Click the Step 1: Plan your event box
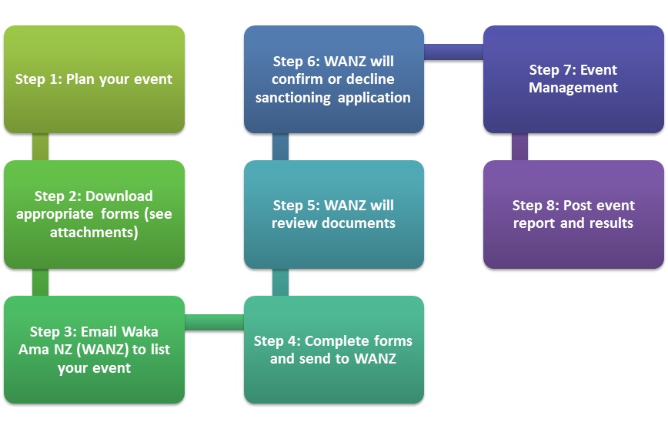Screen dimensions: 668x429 pyautogui.click(x=94, y=79)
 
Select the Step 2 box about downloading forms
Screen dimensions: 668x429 pyautogui.click(x=94, y=214)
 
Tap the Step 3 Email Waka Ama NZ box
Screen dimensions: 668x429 pyautogui.click(x=94, y=350)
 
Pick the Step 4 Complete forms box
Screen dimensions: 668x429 pyautogui.click(x=334, y=350)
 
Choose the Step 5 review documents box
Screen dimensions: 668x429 pyautogui.click(x=334, y=214)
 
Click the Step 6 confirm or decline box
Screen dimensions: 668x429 pyautogui.click(x=334, y=79)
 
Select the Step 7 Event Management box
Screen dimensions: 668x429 pyautogui.click(x=573, y=79)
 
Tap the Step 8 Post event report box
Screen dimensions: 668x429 pyautogui.click(x=573, y=214)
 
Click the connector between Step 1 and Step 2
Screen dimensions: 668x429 pyautogui.click(x=41, y=147)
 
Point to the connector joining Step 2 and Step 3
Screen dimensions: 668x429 pyautogui.click(x=41, y=283)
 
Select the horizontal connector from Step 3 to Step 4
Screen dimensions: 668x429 pyautogui.click(x=214, y=323)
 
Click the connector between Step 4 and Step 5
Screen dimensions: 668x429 pyautogui.click(x=280, y=283)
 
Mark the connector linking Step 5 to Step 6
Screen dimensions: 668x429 pyautogui.click(x=280, y=147)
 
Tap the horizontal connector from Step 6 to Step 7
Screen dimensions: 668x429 pyautogui.click(x=454, y=52)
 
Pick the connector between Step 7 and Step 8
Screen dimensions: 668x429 pyautogui.click(x=519, y=147)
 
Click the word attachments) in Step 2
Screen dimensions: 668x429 pyautogui.click(x=94, y=233)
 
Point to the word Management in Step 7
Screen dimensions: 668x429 pyautogui.click(x=573, y=88)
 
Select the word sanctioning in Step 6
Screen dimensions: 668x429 pyautogui.click(x=293, y=98)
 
